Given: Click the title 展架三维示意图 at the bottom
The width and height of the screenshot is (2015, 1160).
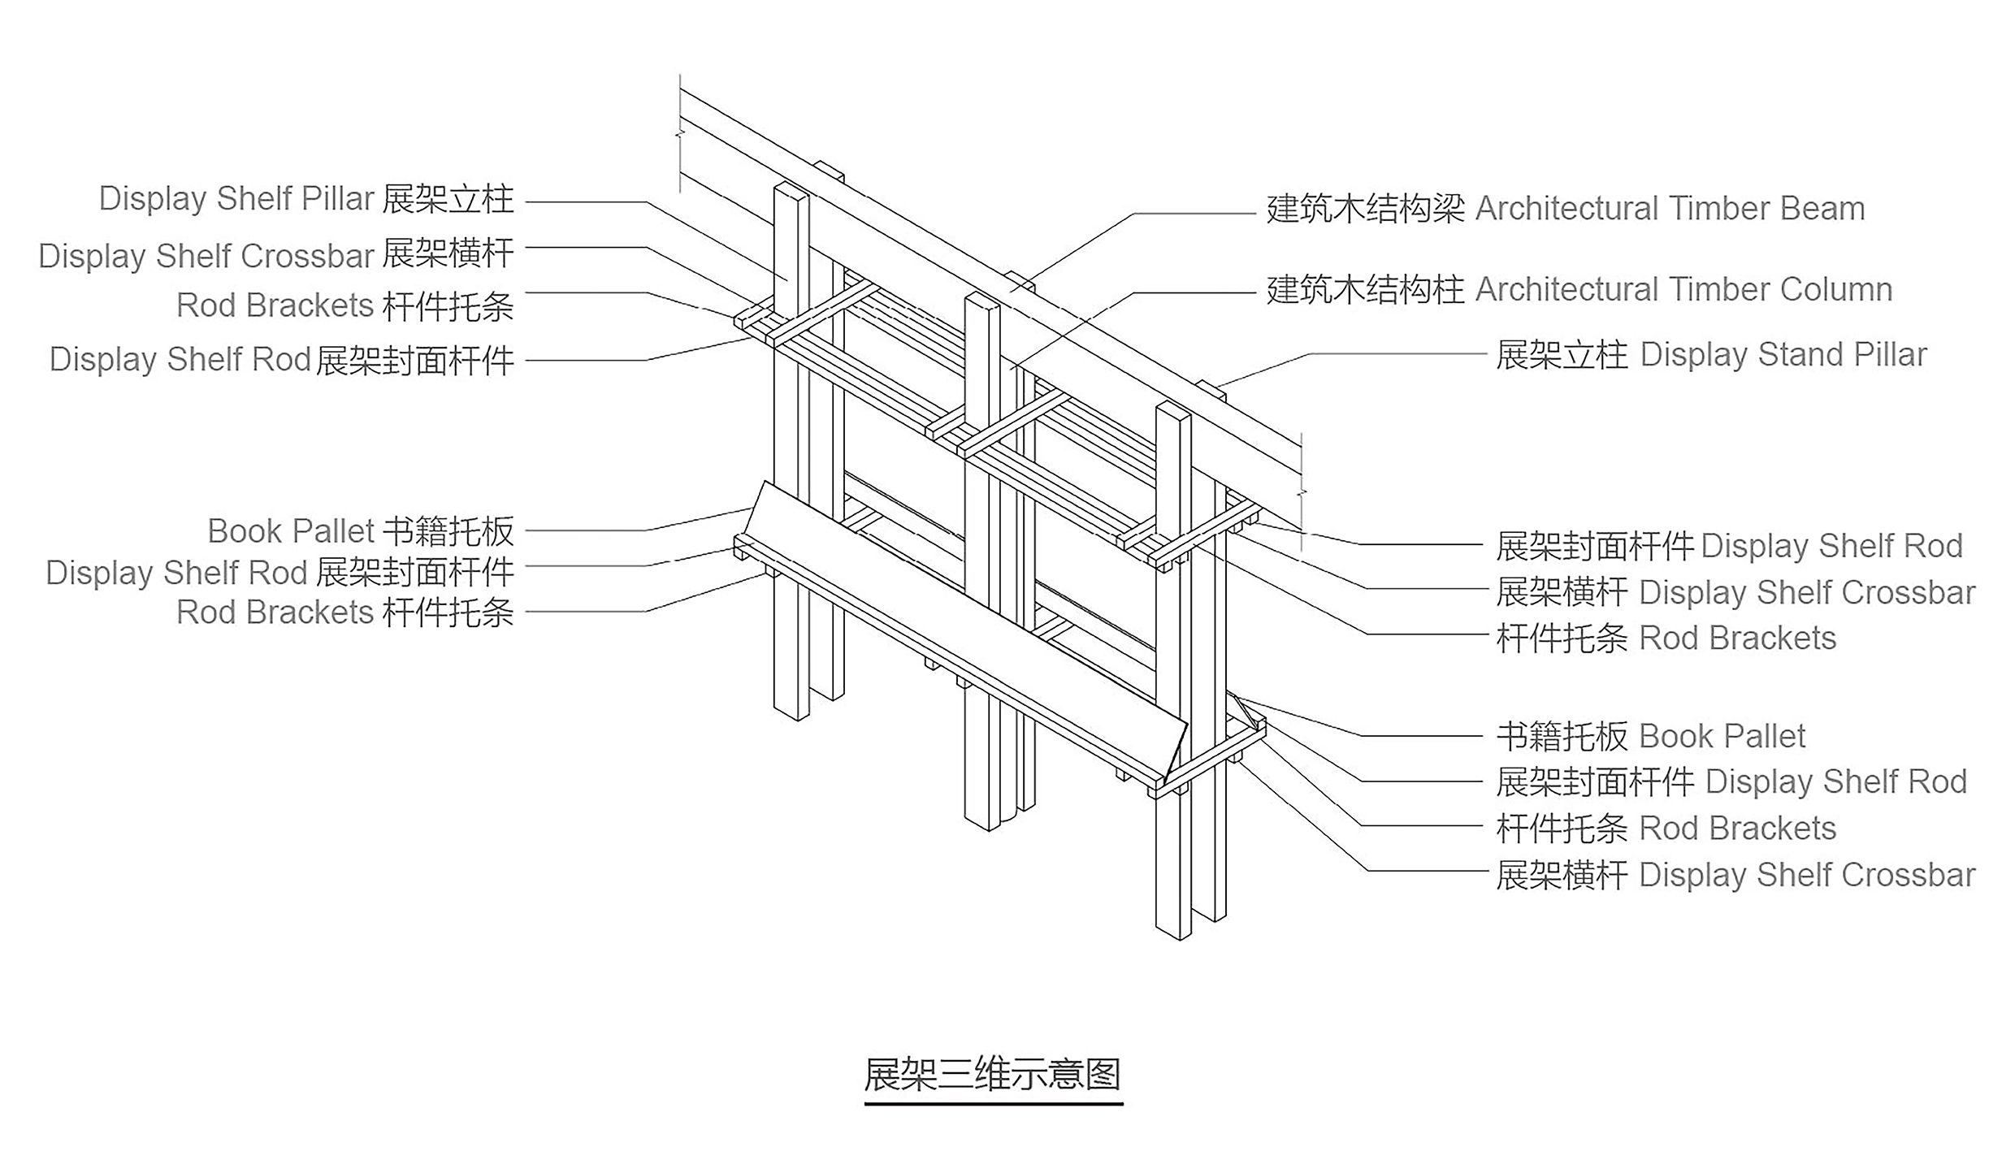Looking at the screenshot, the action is pos(993,1075).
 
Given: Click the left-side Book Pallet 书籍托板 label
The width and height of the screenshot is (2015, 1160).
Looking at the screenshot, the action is pos(361,531).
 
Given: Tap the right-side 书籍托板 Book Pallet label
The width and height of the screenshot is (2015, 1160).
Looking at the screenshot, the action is pos(1651,736).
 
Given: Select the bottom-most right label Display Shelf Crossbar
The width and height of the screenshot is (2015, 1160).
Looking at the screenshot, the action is pos(1735,875).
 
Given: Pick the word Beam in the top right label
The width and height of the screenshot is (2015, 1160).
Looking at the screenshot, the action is pos(1822,209).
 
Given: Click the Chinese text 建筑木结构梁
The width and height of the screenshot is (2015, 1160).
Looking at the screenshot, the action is pos(1365,209).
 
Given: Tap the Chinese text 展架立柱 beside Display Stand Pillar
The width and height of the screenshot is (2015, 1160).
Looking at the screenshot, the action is pos(1562,355).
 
